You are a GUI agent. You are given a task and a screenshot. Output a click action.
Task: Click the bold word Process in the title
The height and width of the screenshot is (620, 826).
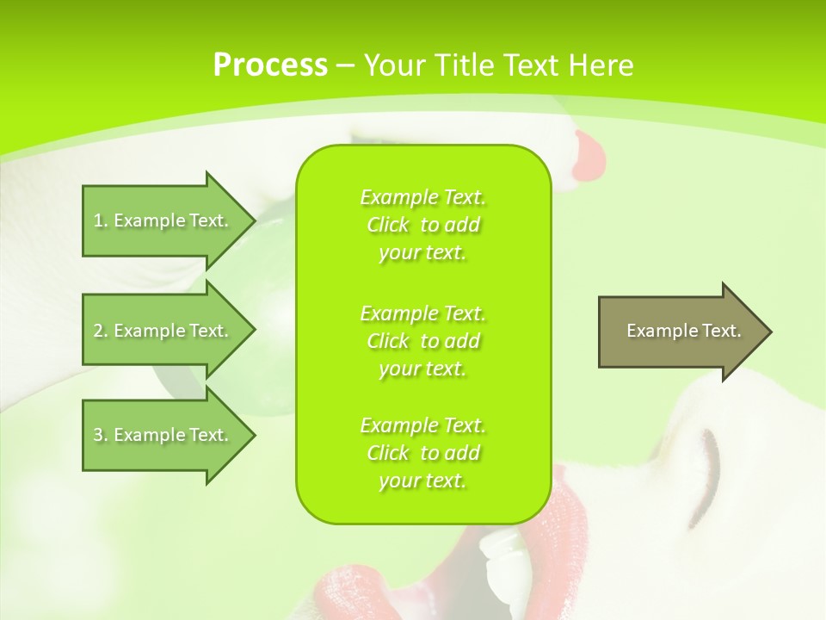[x=270, y=65]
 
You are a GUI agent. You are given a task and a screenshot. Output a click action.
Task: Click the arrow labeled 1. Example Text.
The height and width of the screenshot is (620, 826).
[x=163, y=220]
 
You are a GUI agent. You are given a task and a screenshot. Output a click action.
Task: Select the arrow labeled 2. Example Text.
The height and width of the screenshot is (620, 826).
[x=163, y=331]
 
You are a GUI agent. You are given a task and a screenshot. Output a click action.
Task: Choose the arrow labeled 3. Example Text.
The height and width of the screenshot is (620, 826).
[x=163, y=435]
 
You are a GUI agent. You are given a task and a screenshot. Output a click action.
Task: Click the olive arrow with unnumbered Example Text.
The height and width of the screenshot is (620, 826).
[x=680, y=332]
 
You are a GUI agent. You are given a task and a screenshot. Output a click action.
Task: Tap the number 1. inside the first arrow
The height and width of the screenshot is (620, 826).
[x=101, y=220]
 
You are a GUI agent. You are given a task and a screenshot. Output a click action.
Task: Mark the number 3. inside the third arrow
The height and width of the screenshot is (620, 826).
[x=101, y=435]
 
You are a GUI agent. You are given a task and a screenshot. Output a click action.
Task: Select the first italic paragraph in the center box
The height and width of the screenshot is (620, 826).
[x=422, y=225]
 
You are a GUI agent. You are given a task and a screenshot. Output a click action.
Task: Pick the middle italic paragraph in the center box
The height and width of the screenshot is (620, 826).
[x=422, y=341]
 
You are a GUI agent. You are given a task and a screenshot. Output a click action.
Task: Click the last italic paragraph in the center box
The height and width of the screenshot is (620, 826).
[x=422, y=453]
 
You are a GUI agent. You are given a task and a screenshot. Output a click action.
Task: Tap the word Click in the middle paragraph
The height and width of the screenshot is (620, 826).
[x=388, y=341]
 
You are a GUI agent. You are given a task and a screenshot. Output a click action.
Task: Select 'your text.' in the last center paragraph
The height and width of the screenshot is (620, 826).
[x=422, y=480]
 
